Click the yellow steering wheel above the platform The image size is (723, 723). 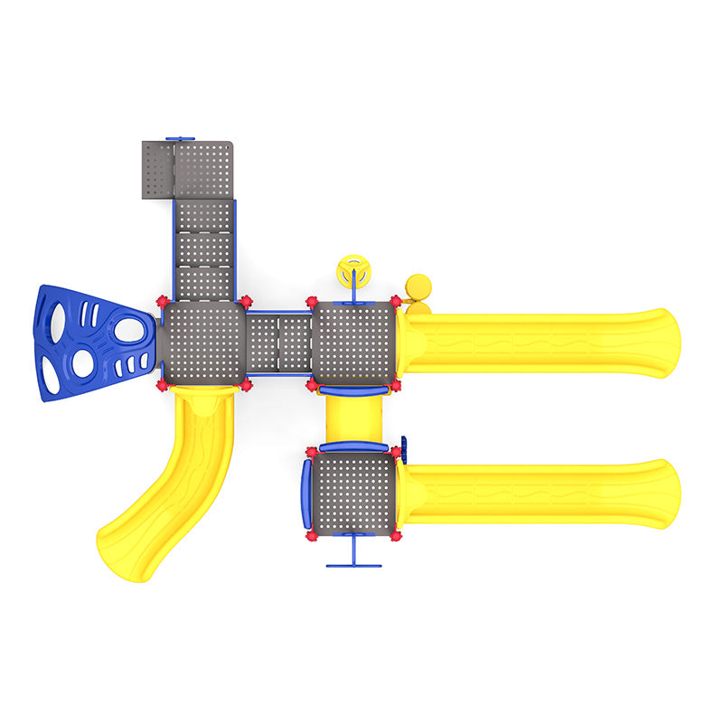pyautogui.click(x=354, y=271)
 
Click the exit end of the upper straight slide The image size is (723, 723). pyautogui.click(x=664, y=343)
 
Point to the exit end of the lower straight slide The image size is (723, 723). pyautogui.click(x=664, y=493)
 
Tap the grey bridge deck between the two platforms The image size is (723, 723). pyautogui.click(x=279, y=343)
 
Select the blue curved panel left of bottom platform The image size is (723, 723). pyautogui.click(x=306, y=493)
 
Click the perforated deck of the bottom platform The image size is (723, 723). pyautogui.click(x=353, y=493)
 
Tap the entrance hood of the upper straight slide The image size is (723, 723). pyautogui.click(x=412, y=343)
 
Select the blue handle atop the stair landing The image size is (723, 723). pyautogui.click(x=181, y=138)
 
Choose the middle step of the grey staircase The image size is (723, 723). pyautogui.click(x=204, y=248)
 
